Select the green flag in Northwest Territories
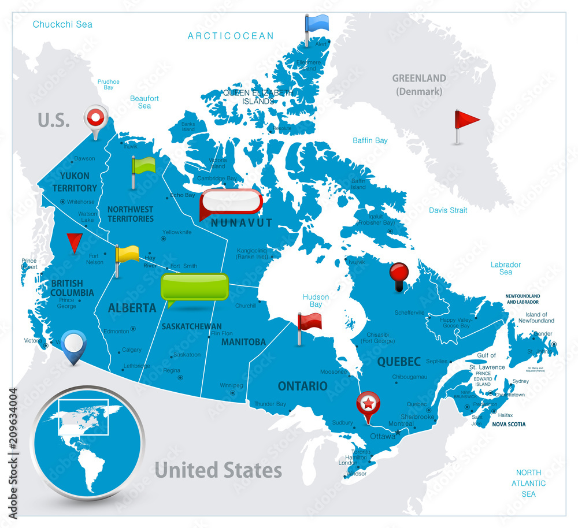[x=143, y=165]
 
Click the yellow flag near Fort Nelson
[x=127, y=254]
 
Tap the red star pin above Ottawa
[x=368, y=403]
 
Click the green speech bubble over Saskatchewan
[x=194, y=287]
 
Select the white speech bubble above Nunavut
[x=231, y=202]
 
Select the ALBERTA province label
[x=132, y=308]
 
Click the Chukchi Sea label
[x=62, y=24]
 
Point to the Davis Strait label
[x=448, y=210]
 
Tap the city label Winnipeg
[x=231, y=385]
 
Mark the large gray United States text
[x=218, y=470]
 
